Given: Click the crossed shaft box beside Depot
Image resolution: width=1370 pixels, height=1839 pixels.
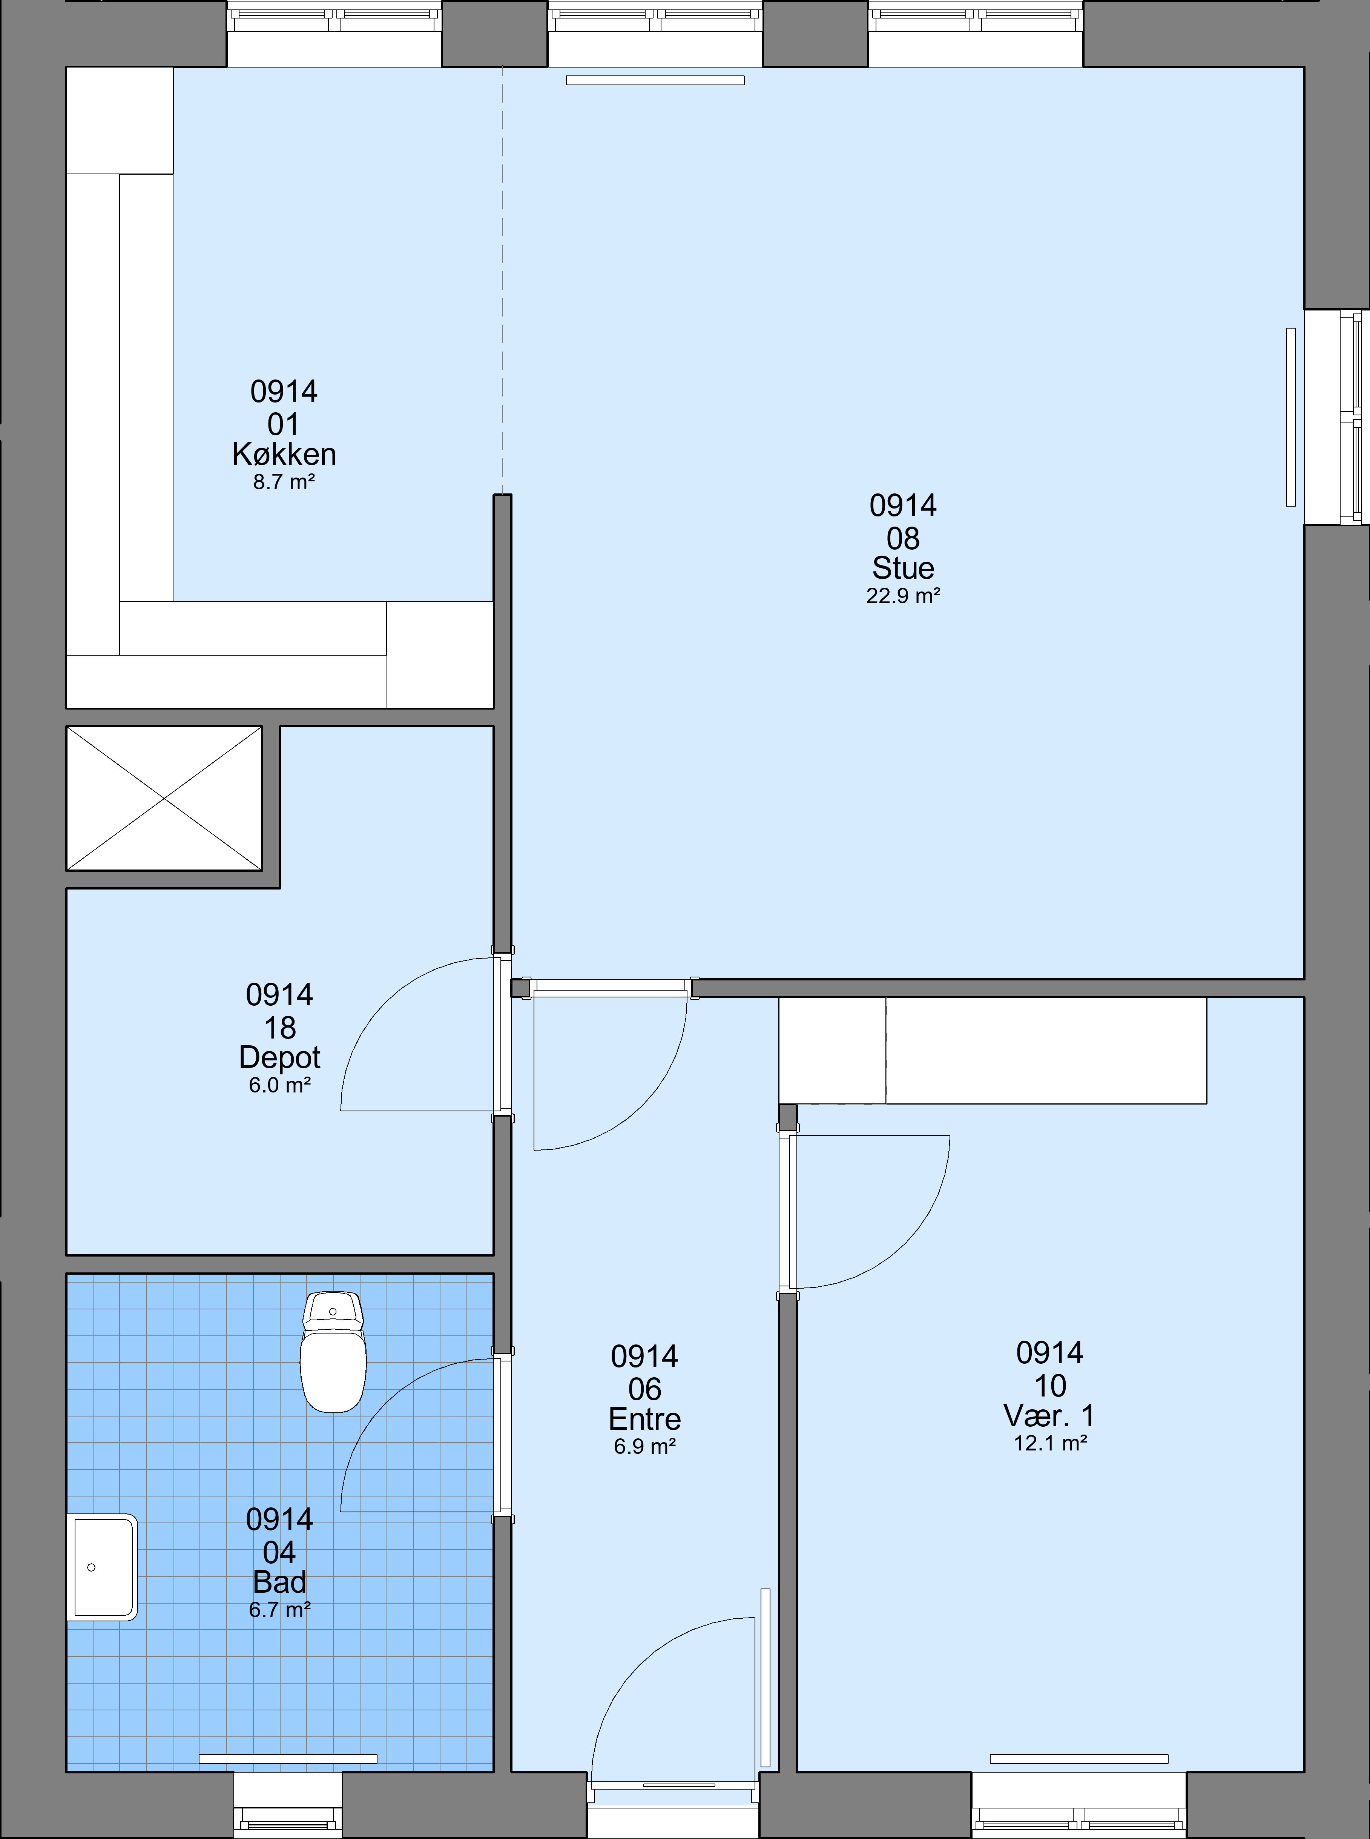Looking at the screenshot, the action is pos(164,798).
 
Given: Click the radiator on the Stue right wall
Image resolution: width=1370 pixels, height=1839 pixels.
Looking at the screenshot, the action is pos(1290,416).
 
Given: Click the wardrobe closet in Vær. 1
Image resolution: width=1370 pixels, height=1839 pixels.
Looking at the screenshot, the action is pos(993,1050).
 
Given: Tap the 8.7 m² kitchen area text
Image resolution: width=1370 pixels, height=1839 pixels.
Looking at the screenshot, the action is pos(284,482).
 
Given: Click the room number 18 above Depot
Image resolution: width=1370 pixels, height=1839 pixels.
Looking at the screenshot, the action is pos(279,1028).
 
